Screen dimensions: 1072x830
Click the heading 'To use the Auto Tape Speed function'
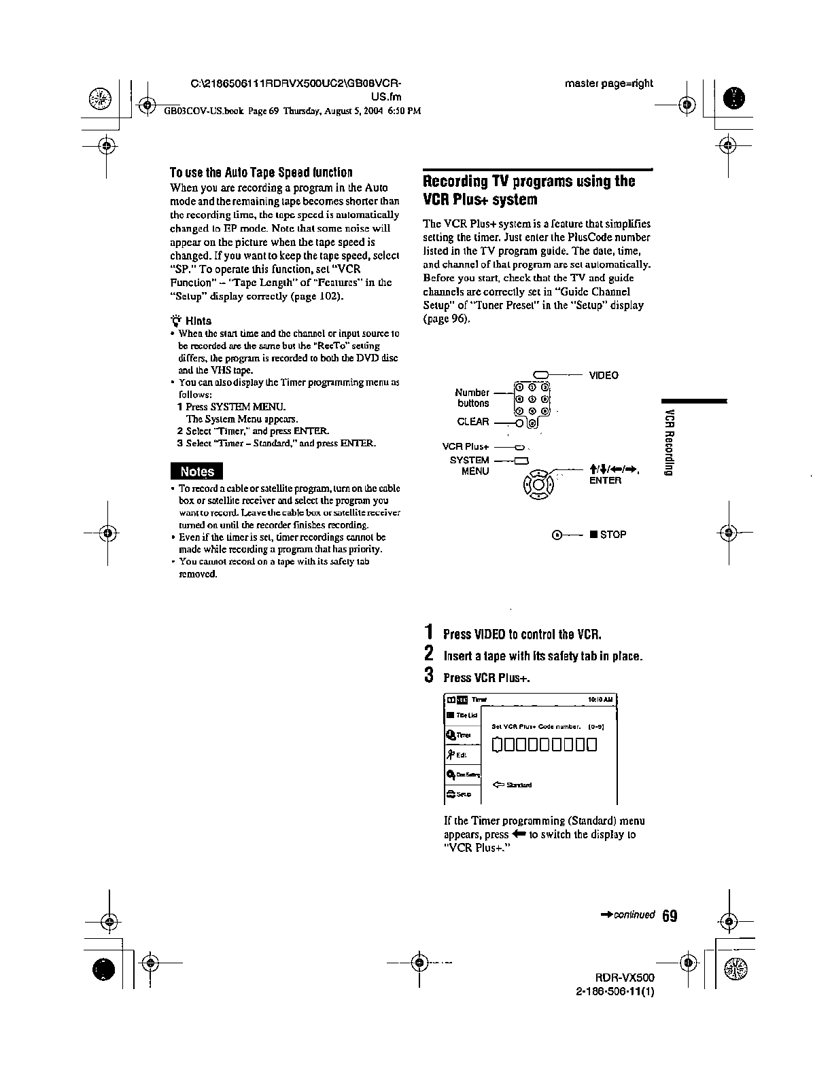click(x=261, y=173)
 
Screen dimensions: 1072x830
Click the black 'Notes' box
click(x=196, y=471)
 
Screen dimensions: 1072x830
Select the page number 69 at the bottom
click(x=669, y=916)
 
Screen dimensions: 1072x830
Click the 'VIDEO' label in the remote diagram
click(x=604, y=375)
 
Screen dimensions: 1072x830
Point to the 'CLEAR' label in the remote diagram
click(x=473, y=422)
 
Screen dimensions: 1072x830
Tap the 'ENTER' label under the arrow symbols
click(x=605, y=480)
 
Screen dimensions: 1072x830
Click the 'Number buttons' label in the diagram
click(x=472, y=398)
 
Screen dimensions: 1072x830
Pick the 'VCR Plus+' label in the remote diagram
click(x=466, y=446)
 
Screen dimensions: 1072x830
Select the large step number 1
click(x=428, y=632)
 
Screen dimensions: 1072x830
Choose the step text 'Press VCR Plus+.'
click(x=486, y=677)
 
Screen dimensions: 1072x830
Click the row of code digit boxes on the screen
click(x=544, y=745)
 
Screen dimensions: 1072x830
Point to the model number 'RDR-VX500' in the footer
click(x=625, y=978)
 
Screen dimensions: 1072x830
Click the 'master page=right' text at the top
click(x=608, y=84)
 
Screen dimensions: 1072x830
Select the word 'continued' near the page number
click(x=634, y=915)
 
